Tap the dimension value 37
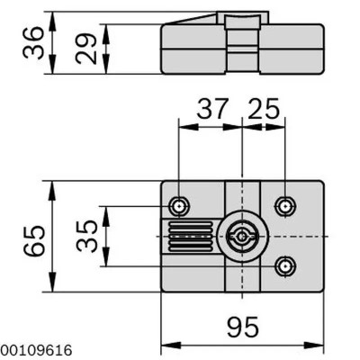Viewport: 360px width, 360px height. (211, 111)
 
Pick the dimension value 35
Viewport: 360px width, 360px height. (86, 237)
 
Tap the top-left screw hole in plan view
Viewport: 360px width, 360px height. (181, 206)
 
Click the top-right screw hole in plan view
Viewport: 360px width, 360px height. (285, 206)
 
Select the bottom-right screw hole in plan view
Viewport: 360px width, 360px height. (285, 265)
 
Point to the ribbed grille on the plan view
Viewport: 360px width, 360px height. (187, 237)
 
